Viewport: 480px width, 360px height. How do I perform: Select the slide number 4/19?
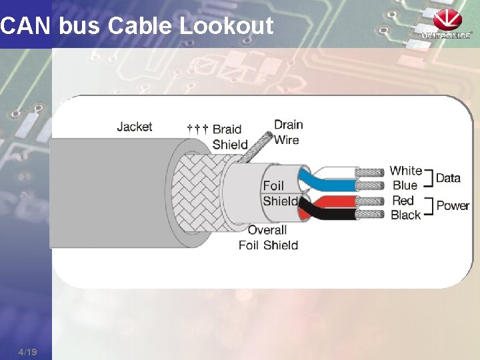tap(28, 351)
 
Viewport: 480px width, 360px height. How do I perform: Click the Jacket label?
tap(134, 126)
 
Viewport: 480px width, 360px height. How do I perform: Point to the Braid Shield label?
tap(227, 137)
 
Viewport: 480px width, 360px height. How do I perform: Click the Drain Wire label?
tap(288, 132)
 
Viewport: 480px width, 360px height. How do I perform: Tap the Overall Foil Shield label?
tap(268, 237)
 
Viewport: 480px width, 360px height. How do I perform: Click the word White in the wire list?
tap(405, 171)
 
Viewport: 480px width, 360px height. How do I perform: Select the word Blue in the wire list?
tap(405, 185)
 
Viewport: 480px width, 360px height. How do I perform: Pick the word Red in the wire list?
tap(403, 200)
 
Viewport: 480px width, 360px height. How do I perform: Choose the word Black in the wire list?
tap(405, 215)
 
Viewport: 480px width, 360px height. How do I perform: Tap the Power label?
tap(453, 205)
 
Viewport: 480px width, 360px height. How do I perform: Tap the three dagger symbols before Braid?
tap(197, 127)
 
